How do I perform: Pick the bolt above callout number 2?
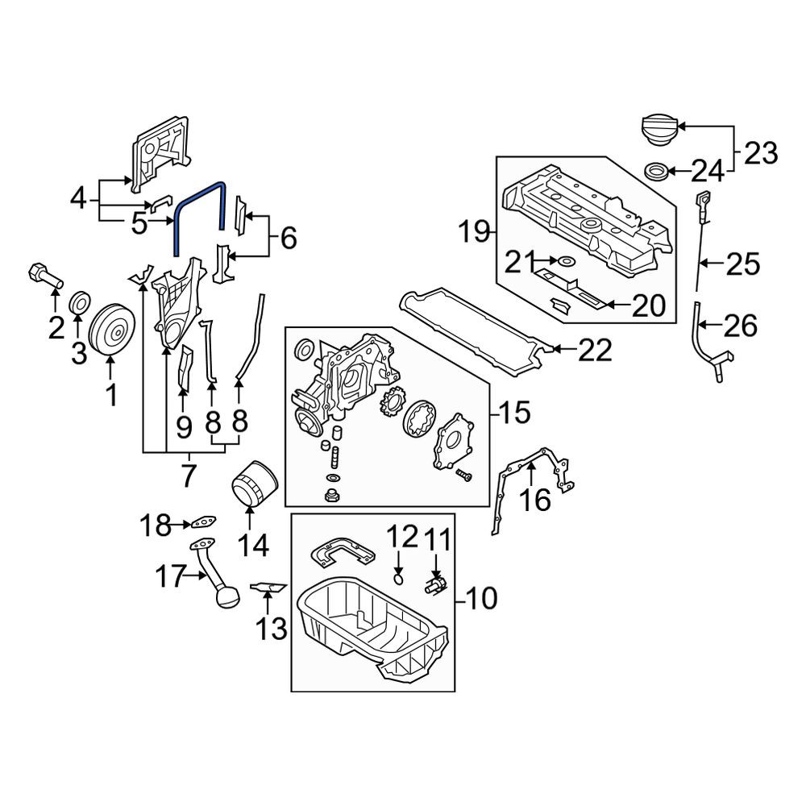[x=44, y=276]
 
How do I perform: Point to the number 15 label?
[x=514, y=412]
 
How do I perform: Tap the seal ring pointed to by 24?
[x=657, y=171]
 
